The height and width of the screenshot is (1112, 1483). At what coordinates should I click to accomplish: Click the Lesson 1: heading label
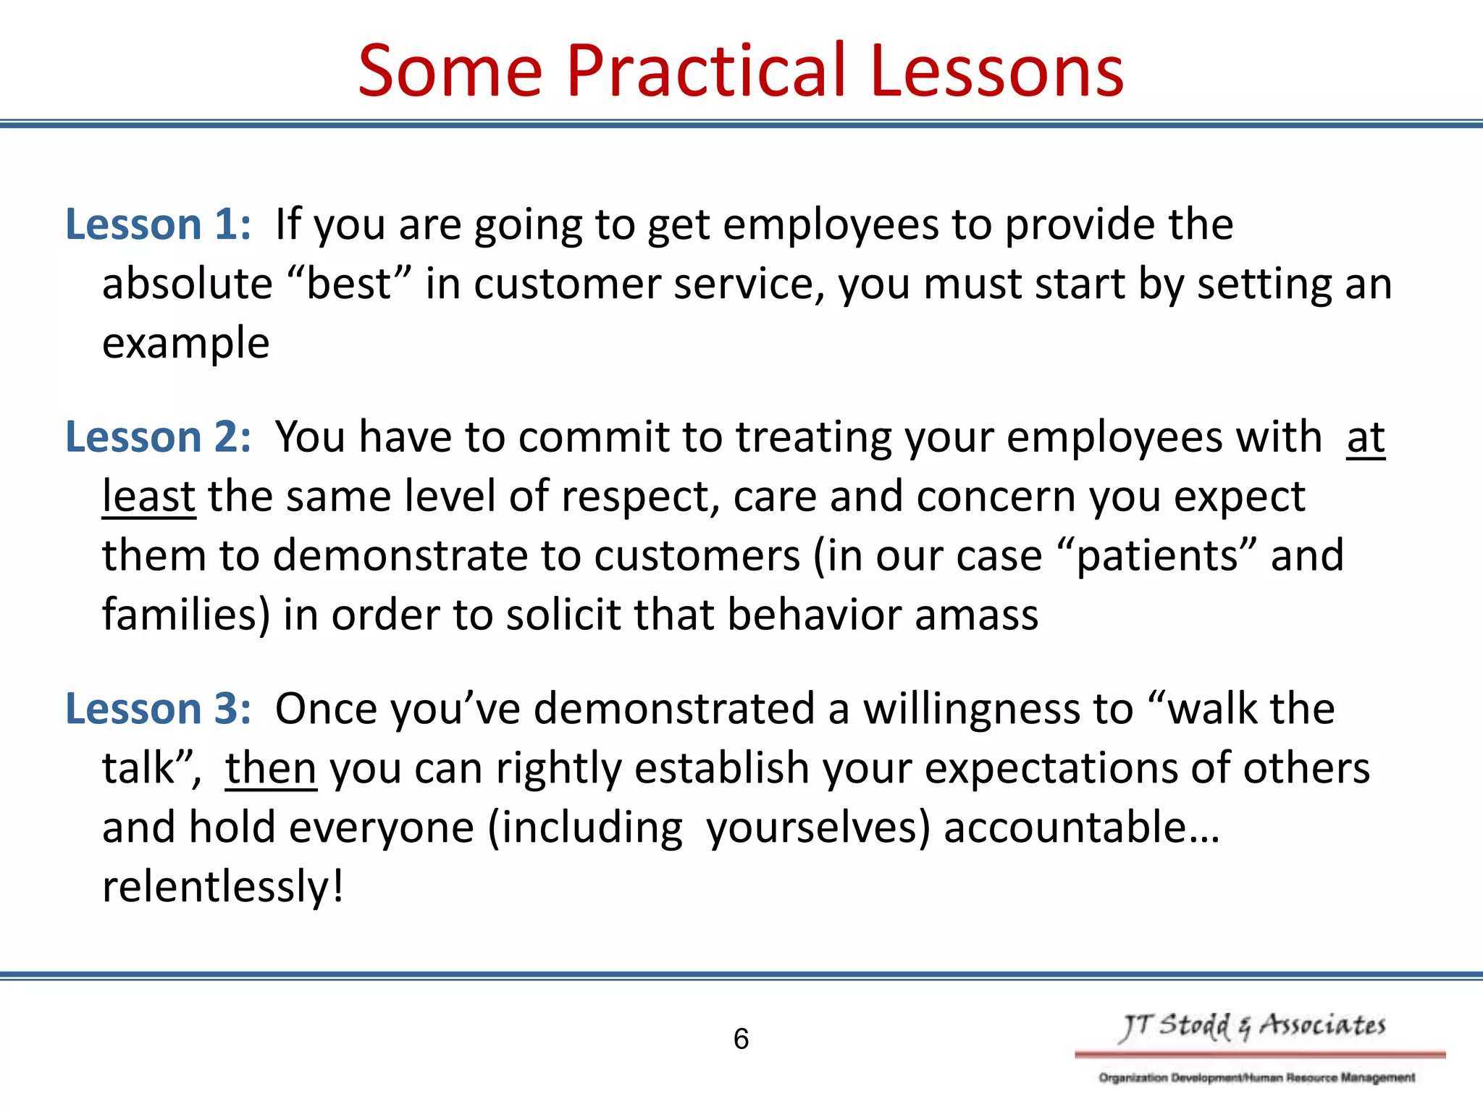159,224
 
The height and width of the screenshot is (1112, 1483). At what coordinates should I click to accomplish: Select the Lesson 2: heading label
159,437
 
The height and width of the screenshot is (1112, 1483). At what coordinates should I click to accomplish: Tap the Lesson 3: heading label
159,708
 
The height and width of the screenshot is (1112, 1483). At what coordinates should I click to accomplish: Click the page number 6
741,1039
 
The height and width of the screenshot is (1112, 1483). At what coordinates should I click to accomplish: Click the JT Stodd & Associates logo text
1253,1026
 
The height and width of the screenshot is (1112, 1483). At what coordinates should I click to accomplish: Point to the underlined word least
148,497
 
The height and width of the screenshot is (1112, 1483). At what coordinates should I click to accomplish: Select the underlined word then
271,768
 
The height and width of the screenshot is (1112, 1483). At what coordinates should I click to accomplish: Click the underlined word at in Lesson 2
1366,437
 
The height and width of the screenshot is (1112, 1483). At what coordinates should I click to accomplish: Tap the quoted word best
349,283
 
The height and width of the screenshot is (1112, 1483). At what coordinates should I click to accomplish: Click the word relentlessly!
222,887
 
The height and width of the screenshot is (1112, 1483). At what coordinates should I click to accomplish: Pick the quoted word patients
1156,556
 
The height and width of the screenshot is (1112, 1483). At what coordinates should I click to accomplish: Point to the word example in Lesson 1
185,343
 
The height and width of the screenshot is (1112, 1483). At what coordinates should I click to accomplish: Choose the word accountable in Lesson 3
1064,827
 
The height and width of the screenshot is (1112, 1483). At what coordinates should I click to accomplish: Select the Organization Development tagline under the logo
1256,1077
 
